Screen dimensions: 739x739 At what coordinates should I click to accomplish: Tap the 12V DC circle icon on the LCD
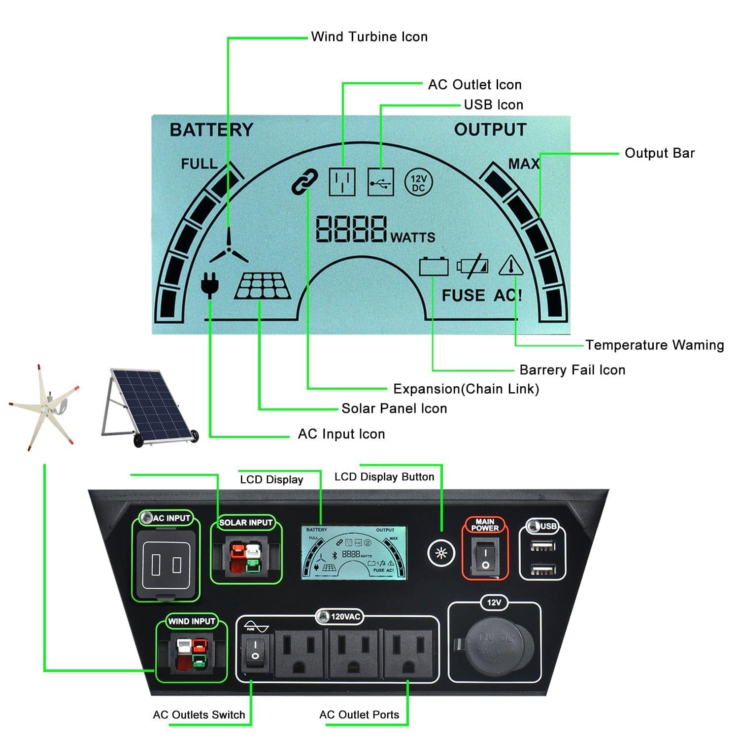click(418, 183)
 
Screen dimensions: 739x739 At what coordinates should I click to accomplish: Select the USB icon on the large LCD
click(381, 182)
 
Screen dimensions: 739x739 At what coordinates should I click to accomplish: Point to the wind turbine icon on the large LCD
click(229, 249)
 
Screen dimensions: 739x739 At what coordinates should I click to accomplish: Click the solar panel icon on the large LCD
click(263, 286)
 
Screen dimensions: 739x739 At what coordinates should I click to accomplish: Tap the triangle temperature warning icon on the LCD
click(511, 266)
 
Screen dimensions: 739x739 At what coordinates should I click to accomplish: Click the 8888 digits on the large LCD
click(351, 229)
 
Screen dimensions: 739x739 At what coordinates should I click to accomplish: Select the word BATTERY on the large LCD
click(211, 130)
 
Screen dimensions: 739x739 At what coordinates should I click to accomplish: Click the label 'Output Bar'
click(659, 153)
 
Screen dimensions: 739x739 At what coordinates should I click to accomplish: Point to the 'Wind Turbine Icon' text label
click(369, 37)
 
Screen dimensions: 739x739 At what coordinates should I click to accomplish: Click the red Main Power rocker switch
click(485, 554)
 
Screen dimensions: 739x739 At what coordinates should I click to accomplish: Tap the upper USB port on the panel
click(542, 545)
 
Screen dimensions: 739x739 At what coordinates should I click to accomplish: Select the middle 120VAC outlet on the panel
click(353, 651)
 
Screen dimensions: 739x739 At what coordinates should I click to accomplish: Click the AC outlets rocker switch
click(255, 649)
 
